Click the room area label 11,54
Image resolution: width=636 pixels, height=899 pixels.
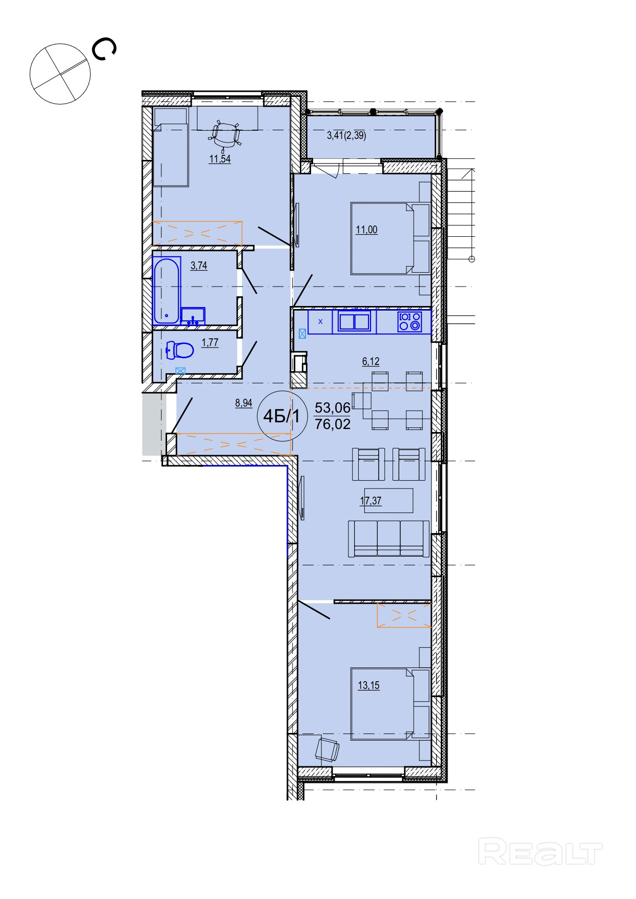[x=220, y=159]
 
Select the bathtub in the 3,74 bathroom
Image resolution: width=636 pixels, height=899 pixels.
[x=167, y=291]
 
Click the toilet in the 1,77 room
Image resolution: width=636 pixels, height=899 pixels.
[x=180, y=351]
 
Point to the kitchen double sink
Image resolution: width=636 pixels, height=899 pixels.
[x=354, y=321]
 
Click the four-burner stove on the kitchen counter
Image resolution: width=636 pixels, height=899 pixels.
[x=409, y=321]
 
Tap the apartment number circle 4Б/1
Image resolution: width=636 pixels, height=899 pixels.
[x=281, y=416]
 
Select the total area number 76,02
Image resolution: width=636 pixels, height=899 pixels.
[x=333, y=424]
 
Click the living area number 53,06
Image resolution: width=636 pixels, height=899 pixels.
[x=333, y=408]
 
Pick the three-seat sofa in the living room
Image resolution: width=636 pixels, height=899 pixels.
[x=389, y=538]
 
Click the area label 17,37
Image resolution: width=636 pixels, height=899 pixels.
[x=371, y=501]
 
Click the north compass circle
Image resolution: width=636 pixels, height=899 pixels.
[x=60, y=74]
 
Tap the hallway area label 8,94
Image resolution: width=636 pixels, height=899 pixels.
[x=244, y=403]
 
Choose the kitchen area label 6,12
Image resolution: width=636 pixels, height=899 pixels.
[x=371, y=361]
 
